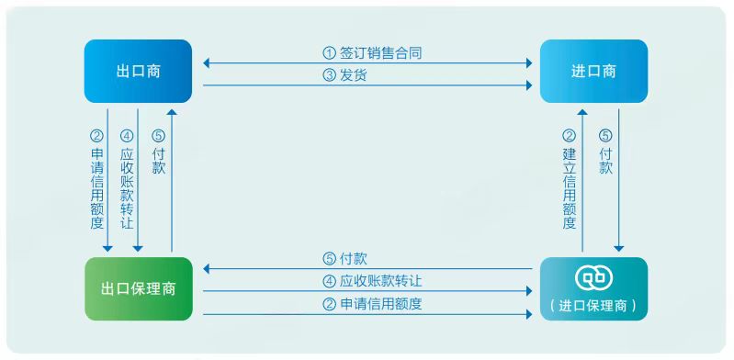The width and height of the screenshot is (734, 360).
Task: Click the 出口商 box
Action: pyautogui.click(x=138, y=71)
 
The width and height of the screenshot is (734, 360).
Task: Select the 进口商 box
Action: pyautogui.click(x=593, y=71)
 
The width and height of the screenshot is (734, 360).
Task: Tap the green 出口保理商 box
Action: pyautogui.click(x=139, y=289)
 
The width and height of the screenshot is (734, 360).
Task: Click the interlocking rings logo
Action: pyautogui.click(x=593, y=278)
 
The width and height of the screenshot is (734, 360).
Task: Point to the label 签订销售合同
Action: pyautogui.click(x=380, y=53)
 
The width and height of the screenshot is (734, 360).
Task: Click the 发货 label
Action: pyautogui.click(x=354, y=75)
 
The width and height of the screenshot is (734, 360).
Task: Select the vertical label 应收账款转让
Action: pyautogui.click(x=127, y=189)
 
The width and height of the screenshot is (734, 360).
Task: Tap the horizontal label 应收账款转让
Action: pyautogui.click(x=380, y=281)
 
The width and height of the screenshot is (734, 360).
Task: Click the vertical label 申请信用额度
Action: pyautogui.click(x=96, y=189)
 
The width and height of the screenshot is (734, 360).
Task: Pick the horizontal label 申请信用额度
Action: pyautogui.click(x=380, y=304)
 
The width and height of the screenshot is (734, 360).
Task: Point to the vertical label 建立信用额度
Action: pyautogui.click(x=570, y=189)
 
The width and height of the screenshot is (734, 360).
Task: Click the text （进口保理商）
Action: pyautogui.click(x=593, y=306)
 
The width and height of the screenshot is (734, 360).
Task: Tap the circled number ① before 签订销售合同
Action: pyautogui.click(x=330, y=53)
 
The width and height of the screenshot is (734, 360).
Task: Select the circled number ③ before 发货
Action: pyautogui.click(x=330, y=75)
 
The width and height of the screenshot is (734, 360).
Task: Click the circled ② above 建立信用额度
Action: pyautogui.click(x=570, y=136)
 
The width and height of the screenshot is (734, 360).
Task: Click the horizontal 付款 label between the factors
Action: pyautogui.click(x=354, y=258)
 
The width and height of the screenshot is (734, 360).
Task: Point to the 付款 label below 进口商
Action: pyautogui.click(x=605, y=162)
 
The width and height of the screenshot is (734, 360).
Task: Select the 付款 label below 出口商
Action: pyautogui.click(x=159, y=162)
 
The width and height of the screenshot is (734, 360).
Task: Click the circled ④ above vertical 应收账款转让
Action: pyautogui.click(x=127, y=136)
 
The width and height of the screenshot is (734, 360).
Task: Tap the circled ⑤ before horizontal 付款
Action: pyautogui.click(x=330, y=258)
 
